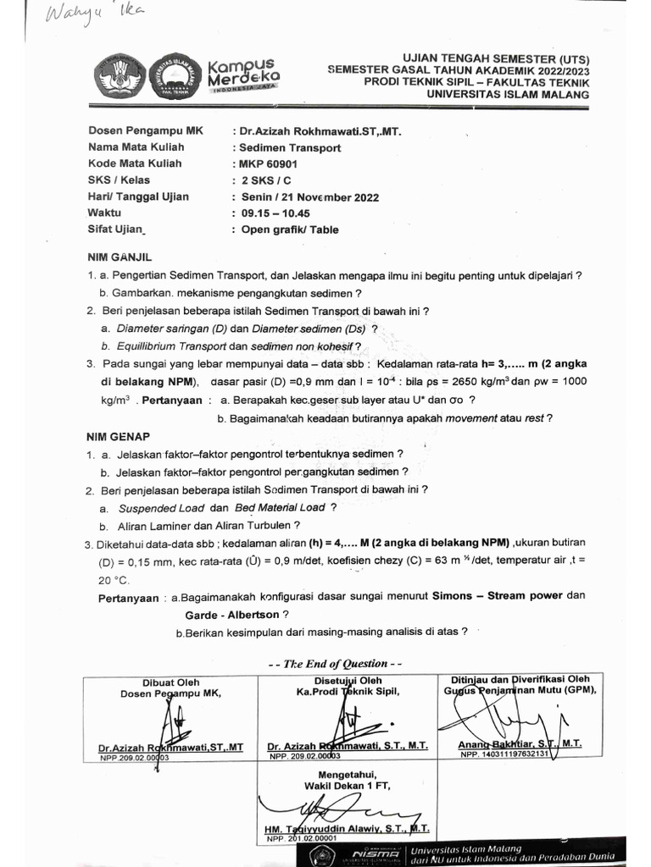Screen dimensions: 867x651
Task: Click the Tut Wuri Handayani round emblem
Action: (119, 75)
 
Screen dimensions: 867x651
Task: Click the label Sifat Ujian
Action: (118, 229)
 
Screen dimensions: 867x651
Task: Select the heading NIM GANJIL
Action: (119, 256)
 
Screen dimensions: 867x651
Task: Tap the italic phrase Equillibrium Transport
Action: (171, 346)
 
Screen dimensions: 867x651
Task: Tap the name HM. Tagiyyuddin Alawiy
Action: (333, 828)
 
